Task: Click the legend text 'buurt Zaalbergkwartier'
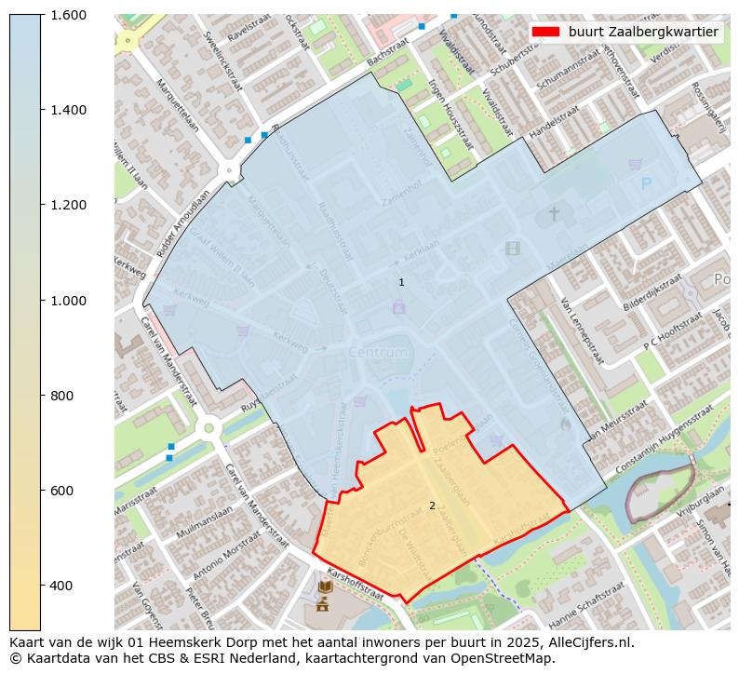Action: coord(643,32)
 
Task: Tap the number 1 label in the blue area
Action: coord(401,282)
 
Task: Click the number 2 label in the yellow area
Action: coord(432,505)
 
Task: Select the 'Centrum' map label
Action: coord(378,353)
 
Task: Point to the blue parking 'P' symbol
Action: coord(646,184)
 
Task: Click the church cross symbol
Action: coord(554,214)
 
